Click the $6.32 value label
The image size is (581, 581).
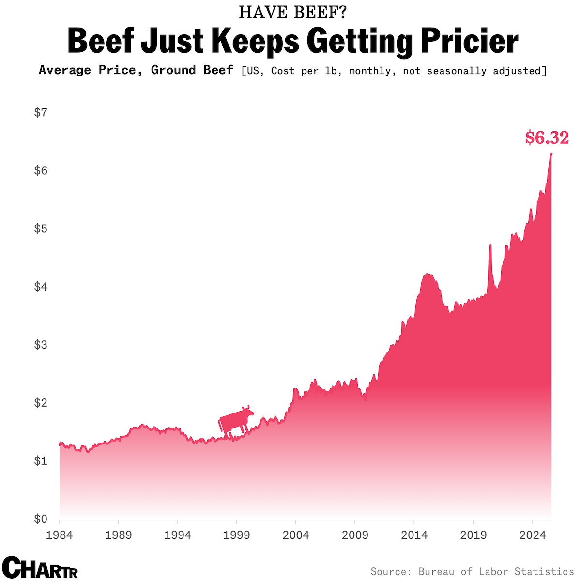coord(547,138)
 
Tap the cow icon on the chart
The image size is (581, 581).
coord(236,421)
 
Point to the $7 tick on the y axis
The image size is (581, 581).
coord(41,112)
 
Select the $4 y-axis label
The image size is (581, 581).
coord(41,287)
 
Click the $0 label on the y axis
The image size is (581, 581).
coord(41,519)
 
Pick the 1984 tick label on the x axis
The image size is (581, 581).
coord(59,535)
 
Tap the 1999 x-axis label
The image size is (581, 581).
coord(236,535)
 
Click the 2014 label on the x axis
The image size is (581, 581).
coord(414,535)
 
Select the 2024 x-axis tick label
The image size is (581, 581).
coord(533,535)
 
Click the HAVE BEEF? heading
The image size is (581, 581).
coord(292,13)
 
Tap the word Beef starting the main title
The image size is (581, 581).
coord(101,40)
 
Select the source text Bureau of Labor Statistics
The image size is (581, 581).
coord(496,571)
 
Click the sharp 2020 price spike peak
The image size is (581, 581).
coord(490,245)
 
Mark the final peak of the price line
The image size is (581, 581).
coord(551,153)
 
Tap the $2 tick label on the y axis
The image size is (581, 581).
coord(41,402)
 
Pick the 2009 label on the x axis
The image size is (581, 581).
coord(355,535)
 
